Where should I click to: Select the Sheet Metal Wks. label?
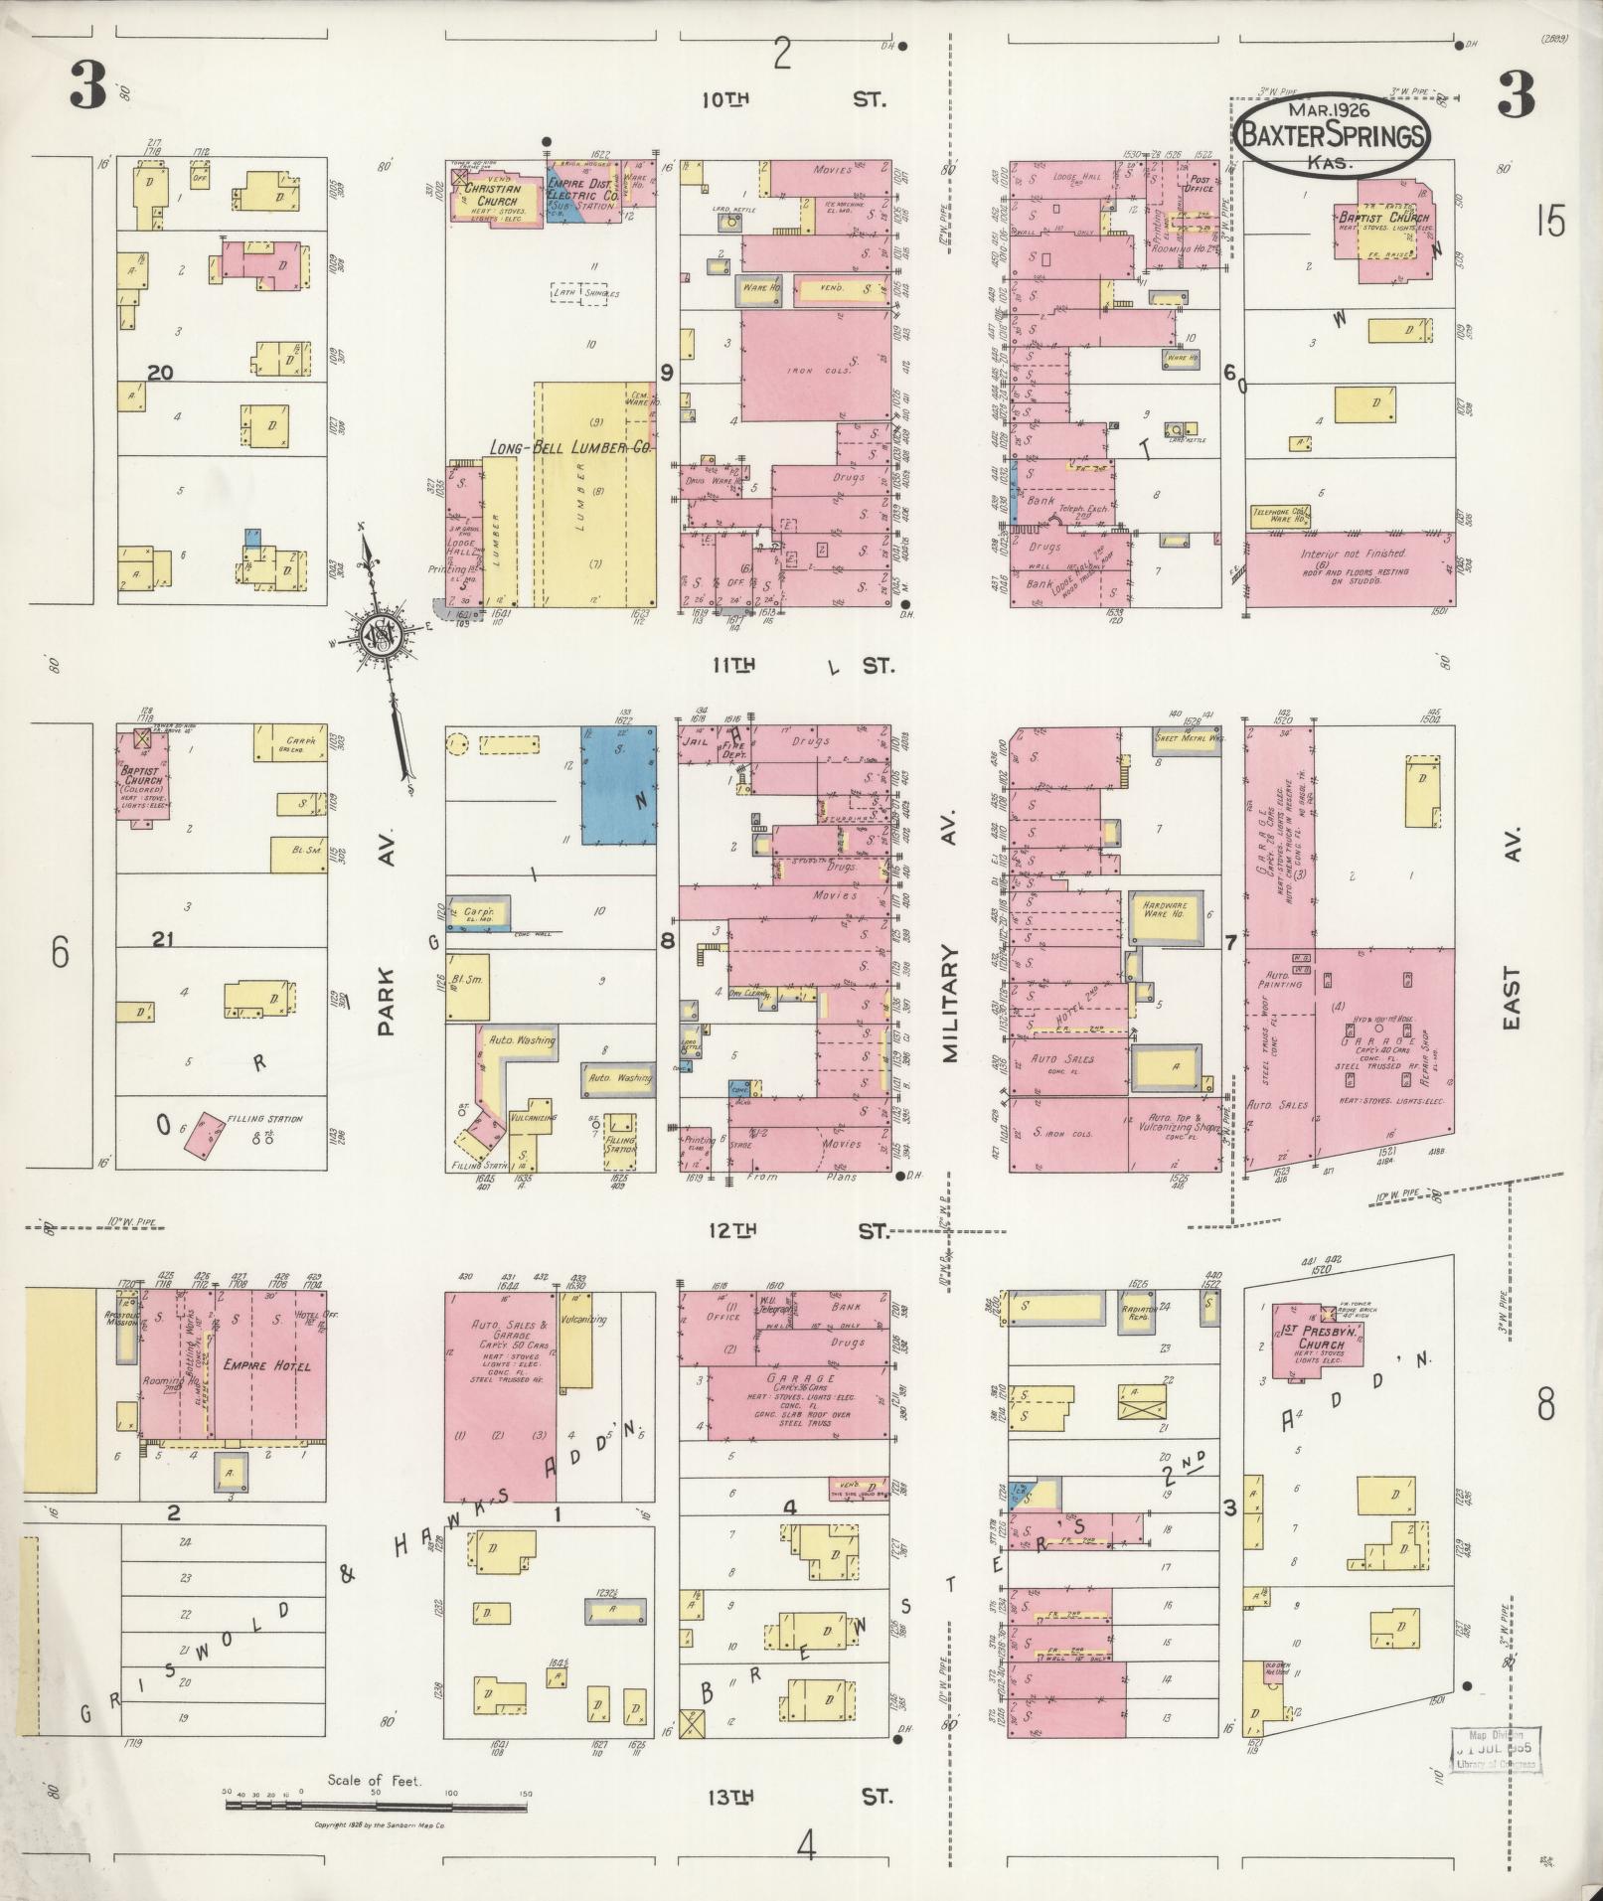point(1186,738)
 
